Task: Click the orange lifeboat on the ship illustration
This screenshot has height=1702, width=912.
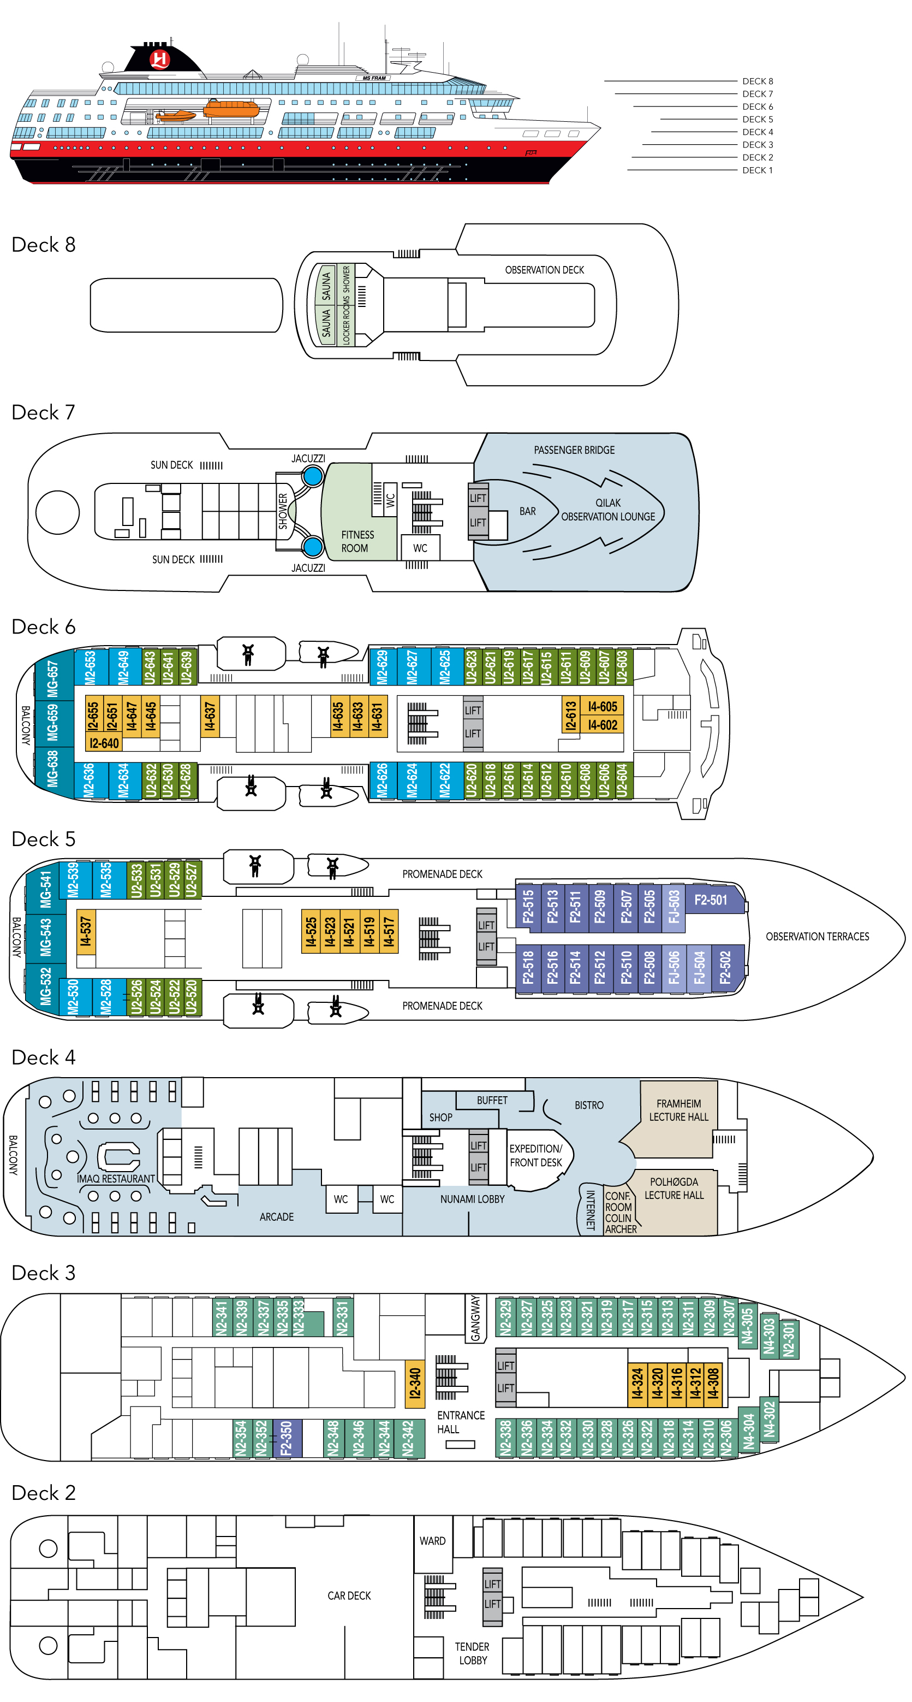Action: pyautogui.click(x=230, y=108)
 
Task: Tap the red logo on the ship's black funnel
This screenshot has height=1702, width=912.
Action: pyautogui.click(x=160, y=60)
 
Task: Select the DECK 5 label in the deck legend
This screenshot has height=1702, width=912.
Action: pyautogui.click(x=757, y=120)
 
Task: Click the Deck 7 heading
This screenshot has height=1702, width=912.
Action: pyautogui.click(x=44, y=413)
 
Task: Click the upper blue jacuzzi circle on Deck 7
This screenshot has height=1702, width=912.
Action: pyautogui.click(x=312, y=476)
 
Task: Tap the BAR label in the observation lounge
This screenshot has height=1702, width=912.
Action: pyautogui.click(x=527, y=511)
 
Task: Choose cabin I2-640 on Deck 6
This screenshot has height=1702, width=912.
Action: pyautogui.click(x=104, y=743)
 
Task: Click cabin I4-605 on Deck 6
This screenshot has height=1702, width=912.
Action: pyautogui.click(x=603, y=706)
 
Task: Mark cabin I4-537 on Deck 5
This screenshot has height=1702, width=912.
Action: pyautogui.click(x=86, y=932)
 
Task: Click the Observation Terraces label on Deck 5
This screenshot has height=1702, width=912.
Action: pyautogui.click(x=817, y=936)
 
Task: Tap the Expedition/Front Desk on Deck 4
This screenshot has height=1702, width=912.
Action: pyautogui.click(x=535, y=1156)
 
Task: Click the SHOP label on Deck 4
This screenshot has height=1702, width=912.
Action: pyautogui.click(x=440, y=1117)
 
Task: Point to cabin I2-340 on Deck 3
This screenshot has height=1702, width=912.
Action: pyautogui.click(x=415, y=1383)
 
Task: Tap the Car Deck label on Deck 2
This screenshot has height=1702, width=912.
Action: pyautogui.click(x=349, y=1595)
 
